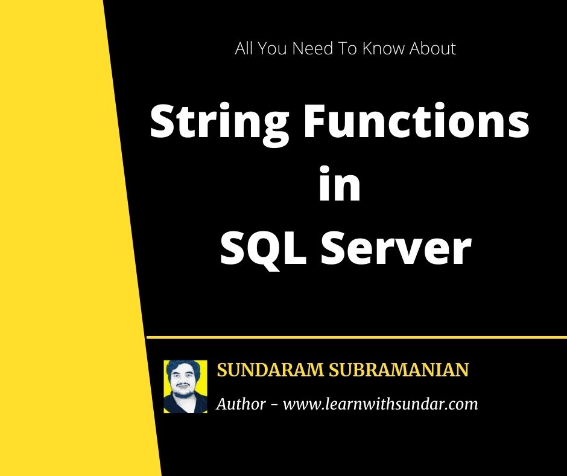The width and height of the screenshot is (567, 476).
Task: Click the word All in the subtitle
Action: coord(244,49)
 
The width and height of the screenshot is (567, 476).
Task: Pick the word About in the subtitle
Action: coord(432,49)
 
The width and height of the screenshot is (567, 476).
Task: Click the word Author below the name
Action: coord(241,404)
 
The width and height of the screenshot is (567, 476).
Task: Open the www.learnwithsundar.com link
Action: coord(380,404)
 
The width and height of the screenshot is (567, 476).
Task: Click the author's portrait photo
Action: coord(185,387)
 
